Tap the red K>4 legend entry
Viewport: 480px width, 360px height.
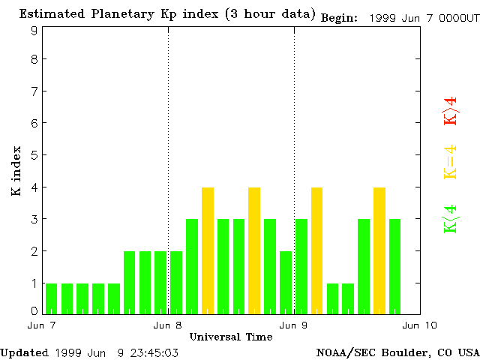point(450,112)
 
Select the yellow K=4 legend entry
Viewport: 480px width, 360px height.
point(450,162)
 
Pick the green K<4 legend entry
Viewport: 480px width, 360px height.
point(450,218)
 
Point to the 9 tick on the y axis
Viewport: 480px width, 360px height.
point(34,31)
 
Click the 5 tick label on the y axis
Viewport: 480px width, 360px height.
point(34,155)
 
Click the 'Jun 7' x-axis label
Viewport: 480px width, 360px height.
point(42,325)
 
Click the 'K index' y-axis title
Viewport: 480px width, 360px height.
point(16,172)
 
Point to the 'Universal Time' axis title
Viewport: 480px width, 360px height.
point(231,337)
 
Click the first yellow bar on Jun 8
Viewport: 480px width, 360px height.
point(208,250)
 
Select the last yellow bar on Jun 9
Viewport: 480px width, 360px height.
point(379,250)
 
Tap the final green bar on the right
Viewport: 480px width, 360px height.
point(395,265)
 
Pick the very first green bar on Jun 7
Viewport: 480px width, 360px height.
point(52,297)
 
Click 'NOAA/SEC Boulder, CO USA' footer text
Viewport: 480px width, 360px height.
point(397,352)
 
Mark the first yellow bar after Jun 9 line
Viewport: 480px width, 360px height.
point(317,250)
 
